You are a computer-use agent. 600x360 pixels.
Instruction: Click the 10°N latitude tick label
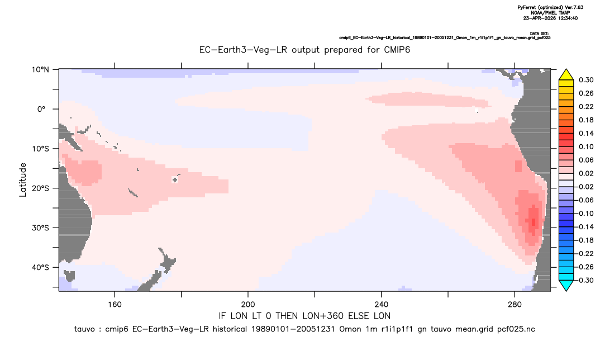pyautogui.click(x=40, y=70)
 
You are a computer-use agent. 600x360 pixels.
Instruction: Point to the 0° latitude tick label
pyautogui.click(x=41, y=109)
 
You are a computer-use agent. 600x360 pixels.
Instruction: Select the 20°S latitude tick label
pyautogui.click(x=40, y=188)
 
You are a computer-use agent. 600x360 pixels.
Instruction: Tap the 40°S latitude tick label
pyautogui.click(x=40, y=267)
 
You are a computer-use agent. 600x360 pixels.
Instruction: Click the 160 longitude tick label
pyautogui.click(x=115, y=305)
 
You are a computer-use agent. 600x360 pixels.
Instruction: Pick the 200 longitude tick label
pyautogui.click(x=248, y=305)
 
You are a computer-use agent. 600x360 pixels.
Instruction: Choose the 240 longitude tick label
pyautogui.click(x=381, y=305)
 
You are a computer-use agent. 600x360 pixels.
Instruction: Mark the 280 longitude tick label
pyautogui.click(x=515, y=305)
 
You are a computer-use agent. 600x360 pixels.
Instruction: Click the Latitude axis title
pyautogui.click(x=23, y=179)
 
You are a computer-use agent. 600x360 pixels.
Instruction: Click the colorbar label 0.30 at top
pyautogui.click(x=586, y=80)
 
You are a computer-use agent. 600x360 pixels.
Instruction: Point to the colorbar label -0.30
pyautogui.click(x=584, y=280)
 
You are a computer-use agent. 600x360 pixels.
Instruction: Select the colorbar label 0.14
pyautogui.click(x=586, y=133)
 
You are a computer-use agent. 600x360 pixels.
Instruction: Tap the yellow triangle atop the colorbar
pyautogui.click(x=566, y=75)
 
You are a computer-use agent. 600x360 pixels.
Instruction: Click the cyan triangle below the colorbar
pyautogui.click(x=566, y=285)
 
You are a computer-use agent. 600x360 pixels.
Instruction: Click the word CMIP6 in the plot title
pyautogui.click(x=397, y=50)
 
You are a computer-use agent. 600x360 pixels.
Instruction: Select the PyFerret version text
pyautogui.click(x=550, y=7)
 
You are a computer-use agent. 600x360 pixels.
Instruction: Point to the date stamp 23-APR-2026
pyautogui.click(x=539, y=18)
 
